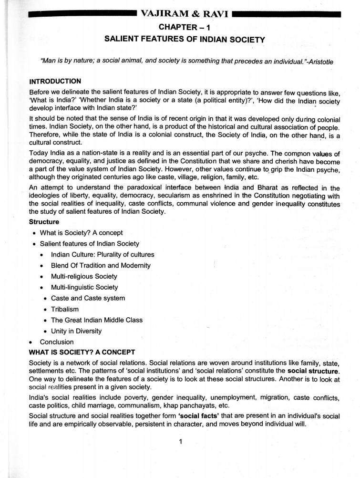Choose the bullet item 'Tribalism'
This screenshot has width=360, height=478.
(x=65, y=309)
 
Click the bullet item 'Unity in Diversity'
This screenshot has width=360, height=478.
(x=76, y=331)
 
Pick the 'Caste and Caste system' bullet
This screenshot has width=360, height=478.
(x=88, y=298)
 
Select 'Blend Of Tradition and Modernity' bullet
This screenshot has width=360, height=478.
(x=101, y=265)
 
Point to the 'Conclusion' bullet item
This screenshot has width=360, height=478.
(x=57, y=342)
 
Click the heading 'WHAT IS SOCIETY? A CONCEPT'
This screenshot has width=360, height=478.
(x=82, y=353)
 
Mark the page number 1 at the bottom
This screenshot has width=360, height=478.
(x=181, y=441)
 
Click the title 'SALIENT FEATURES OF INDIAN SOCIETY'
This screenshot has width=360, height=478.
(x=184, y=40)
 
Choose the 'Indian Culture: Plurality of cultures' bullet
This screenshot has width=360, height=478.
(x=103, y=254)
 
